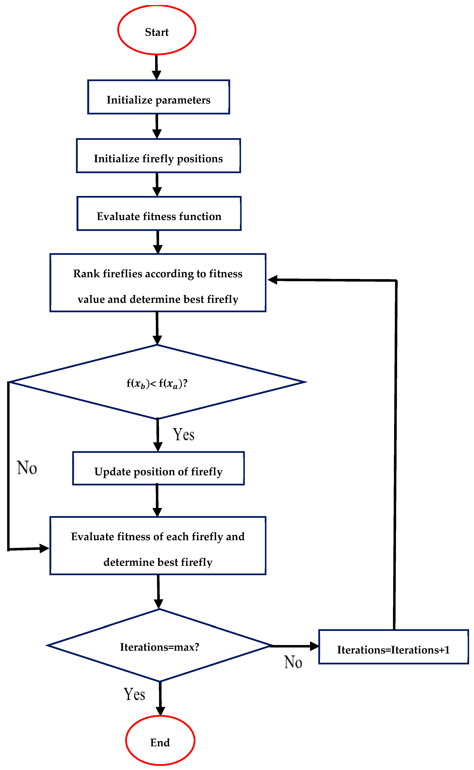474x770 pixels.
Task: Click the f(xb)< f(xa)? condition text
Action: tap(157, 383)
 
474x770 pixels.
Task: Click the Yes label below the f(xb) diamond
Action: tap(184, 435)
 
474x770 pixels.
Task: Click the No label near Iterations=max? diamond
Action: tap(293, 662)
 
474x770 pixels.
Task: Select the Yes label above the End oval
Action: tap(134, 694)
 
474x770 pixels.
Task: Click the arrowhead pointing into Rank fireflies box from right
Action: tap(273, 280)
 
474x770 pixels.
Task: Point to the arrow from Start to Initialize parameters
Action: tap(156, 67)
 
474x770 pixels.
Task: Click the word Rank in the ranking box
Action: tap(86, 274)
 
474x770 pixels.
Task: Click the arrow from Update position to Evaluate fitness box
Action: tap(157, 500)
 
